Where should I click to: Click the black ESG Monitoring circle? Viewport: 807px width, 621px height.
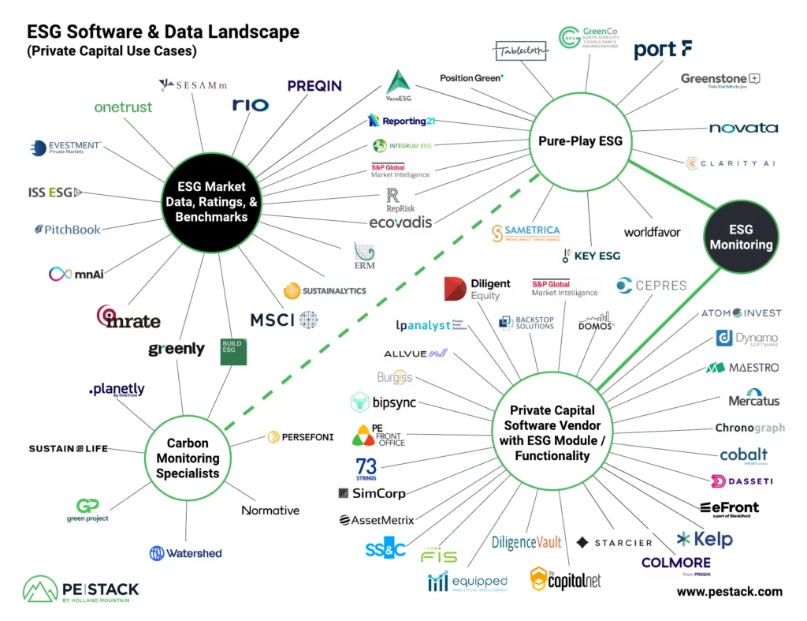(741, 238)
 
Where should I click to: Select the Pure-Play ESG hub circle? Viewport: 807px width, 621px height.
(580, 141)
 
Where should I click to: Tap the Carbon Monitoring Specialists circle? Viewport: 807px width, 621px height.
(188, 458)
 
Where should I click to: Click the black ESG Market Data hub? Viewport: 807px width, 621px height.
(211, 200)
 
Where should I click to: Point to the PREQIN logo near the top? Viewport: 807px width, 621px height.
(314, 85)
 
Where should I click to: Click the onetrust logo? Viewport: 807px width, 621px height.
(123, 107)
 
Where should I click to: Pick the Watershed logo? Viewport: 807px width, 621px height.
(186, 553)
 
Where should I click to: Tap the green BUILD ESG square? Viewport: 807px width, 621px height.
(233, 351)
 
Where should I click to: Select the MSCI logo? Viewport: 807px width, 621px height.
(284, 320)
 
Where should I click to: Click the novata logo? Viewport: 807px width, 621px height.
(743, 128)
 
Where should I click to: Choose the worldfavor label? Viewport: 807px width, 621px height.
(652, 232)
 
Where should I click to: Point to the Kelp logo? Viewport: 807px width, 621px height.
(705, 540)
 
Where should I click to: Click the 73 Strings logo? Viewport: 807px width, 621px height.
(366, 468)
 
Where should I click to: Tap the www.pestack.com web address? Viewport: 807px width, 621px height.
(729, 591)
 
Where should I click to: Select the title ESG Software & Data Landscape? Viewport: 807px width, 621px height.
(163, 32)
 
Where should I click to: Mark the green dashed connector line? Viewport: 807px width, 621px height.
(378, 304)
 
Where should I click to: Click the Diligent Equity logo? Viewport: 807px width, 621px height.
(478, 289)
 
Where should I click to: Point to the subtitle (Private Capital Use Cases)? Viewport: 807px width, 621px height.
(111, 52)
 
